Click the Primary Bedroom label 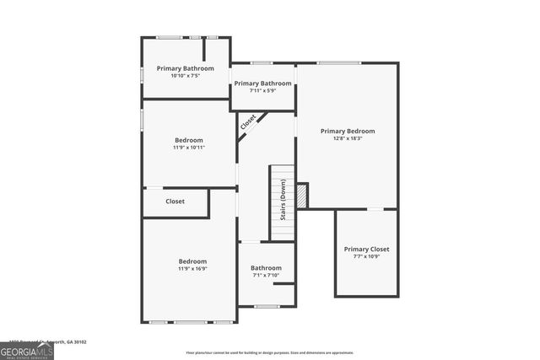tap(347, 132)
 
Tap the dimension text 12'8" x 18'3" tap(347, 139)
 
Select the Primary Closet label tap(366, 250)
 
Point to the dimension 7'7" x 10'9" tap(366, 257)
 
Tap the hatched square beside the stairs tap(302, 196)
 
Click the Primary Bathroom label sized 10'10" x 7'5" tap(186, 68)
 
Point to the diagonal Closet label tap(248, 122)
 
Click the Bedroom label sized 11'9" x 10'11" tap(189, 140)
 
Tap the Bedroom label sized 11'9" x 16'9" tap(192, 261)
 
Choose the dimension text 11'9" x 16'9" tap(192, 269)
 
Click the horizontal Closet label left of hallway tap(175, 201)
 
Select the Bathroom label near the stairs tap(266, 268)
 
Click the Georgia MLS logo tap(27, 349)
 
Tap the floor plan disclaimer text tap(270, 352)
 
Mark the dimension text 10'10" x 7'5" tap(186, 76)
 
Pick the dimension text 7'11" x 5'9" tap(262, 91)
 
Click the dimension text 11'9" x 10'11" tap(189, 148)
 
